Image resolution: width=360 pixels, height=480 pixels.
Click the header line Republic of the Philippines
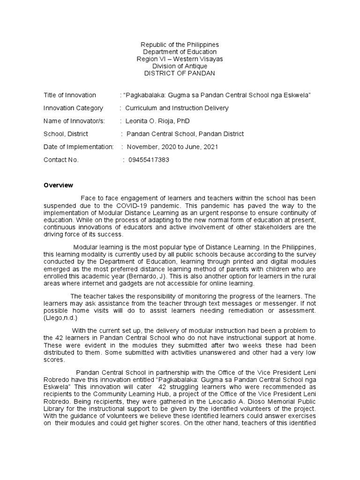[x=180, y=45]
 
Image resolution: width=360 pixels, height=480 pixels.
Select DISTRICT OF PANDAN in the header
[x=180, y=74]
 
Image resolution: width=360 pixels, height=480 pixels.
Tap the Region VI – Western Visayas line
[x=180, y=59]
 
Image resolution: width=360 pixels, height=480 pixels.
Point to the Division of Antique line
[x=180, y=67]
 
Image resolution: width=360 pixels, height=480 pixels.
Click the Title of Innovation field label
[x=70, y=95]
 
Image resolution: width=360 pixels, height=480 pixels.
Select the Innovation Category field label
[x=73, y=108]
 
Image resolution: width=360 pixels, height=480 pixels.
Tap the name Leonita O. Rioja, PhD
[x=157, y=121]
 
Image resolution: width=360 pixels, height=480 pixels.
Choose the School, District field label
[x=66, y=134]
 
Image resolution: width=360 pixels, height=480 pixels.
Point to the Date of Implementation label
[x=78, y=147]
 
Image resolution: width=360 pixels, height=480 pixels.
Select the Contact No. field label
[x=61, y=160]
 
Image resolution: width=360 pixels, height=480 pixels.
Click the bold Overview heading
[x=59, y=186]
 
